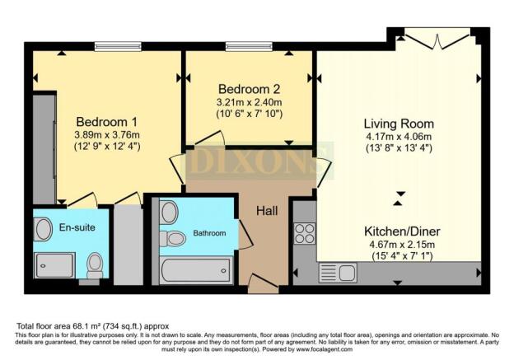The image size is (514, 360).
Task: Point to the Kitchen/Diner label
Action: [398, 231]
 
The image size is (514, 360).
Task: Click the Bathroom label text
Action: [209, 233]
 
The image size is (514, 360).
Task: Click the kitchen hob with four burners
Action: [304, 236]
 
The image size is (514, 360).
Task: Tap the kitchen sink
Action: [332, 271]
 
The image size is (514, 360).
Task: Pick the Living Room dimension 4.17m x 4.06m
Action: [398, 136]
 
